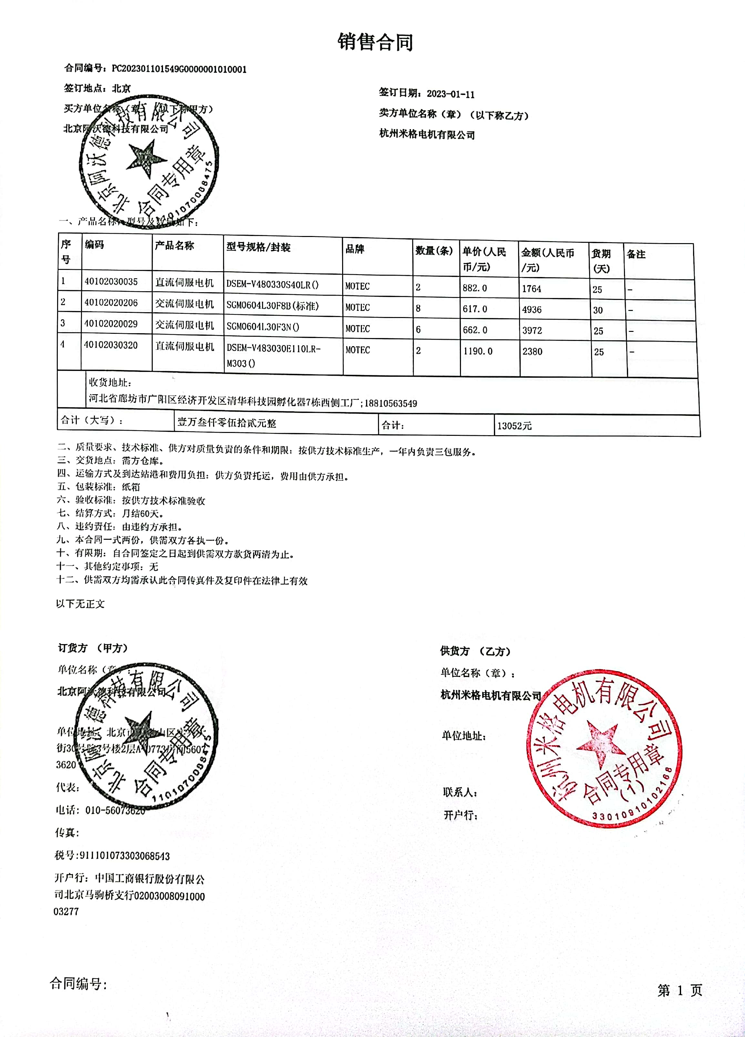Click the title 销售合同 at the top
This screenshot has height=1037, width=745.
(375, 42)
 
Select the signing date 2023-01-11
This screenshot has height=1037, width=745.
(450, 94)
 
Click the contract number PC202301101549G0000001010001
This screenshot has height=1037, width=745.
(179, 69)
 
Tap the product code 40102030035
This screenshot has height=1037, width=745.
(111, 282)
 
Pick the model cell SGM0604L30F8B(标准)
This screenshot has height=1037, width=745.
(272, 306)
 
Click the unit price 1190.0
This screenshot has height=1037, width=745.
(478, 351)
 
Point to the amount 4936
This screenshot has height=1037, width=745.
(532, 310)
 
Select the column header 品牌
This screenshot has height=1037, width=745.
(355, 249)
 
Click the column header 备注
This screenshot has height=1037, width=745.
(636, 254)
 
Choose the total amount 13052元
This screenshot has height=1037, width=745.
(514, 426)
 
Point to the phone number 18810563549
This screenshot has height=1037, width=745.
(391, 403)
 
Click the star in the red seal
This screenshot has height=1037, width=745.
(601, 744)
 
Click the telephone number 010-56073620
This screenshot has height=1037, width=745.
(115, 810)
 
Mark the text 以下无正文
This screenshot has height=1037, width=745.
(80, 604)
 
